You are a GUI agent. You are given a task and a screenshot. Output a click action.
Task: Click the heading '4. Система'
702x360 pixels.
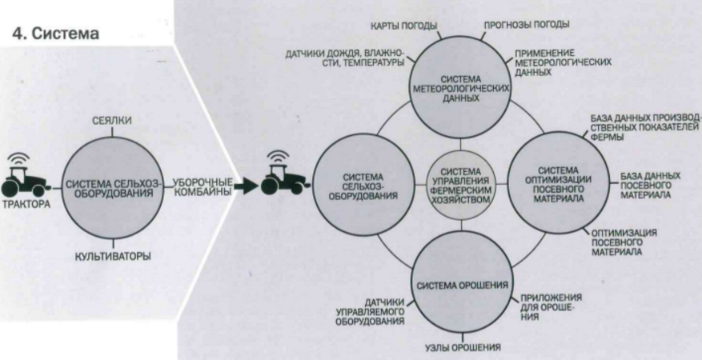[x=55, y=34]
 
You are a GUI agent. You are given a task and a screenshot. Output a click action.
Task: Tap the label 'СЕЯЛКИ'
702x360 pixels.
[x=111, y=120]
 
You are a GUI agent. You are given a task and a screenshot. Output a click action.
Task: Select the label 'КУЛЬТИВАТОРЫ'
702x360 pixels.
[x=112, y=257]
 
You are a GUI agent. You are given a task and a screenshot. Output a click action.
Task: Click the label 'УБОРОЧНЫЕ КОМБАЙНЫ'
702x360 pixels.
[x=203, y=187]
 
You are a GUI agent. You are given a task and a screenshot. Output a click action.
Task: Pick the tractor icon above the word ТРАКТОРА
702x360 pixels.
[x=24, y=181]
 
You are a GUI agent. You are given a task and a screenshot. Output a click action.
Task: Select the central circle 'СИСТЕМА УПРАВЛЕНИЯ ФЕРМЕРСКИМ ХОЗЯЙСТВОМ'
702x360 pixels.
[x=461, y=185]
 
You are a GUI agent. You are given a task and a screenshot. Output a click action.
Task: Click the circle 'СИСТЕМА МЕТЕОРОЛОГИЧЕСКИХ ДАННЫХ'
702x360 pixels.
[x=461, y=89]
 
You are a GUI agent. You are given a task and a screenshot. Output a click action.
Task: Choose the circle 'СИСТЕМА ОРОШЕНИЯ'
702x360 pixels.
[x=461, y=285]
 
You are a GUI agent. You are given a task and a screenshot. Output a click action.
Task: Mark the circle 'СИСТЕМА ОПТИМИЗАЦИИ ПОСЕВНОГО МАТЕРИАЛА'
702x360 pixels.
[x=560, y=184]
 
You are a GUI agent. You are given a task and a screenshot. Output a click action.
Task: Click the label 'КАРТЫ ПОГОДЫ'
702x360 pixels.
[x=403, y=26]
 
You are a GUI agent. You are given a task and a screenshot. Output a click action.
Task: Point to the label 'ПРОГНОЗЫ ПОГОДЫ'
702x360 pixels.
[x=527, y=25]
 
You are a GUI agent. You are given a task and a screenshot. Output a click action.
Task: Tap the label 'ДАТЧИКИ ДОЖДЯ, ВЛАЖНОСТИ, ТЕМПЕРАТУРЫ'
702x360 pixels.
[x=345, y=59]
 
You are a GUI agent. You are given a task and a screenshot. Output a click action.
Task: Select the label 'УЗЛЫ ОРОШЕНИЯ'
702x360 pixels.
[x=462, y=348]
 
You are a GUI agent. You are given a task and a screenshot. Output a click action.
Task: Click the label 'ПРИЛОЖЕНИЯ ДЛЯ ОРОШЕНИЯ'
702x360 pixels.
[x=552, y=307]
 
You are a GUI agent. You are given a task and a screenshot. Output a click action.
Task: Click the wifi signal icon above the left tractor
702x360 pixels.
[x=18, y=160]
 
